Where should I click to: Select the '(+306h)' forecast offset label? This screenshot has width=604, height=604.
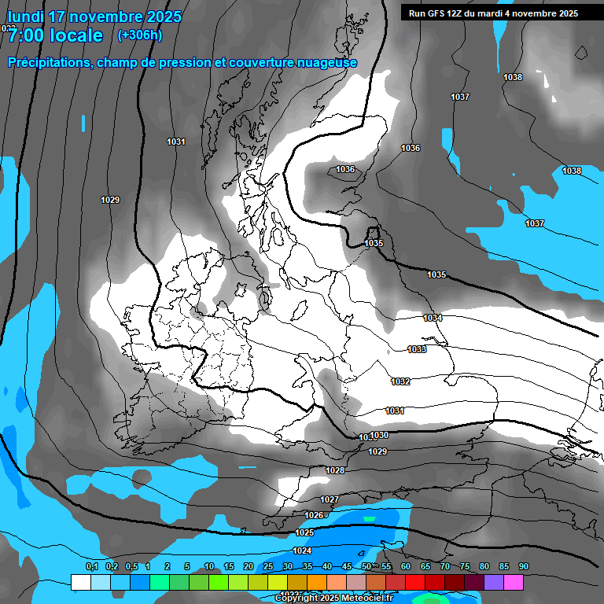139,35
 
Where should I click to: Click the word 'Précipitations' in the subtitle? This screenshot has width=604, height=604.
49,62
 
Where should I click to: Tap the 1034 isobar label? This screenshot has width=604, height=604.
433,318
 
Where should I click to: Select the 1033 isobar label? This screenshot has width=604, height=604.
417,349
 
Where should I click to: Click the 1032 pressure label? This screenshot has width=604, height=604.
400,381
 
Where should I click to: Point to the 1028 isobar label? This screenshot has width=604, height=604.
335,470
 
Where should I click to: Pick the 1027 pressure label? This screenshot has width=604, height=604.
330,500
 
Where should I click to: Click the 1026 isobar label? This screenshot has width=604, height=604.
314,515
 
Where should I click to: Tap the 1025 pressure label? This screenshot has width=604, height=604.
305,532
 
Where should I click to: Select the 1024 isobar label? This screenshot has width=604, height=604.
302,551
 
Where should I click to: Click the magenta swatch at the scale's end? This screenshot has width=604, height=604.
514,582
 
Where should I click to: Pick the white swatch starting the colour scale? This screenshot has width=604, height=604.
80,582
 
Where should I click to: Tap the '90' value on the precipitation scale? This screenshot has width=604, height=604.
524,567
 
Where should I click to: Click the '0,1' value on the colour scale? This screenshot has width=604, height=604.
91,567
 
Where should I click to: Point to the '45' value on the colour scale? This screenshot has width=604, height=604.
347,567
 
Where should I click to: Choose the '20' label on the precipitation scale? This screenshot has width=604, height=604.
249,567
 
